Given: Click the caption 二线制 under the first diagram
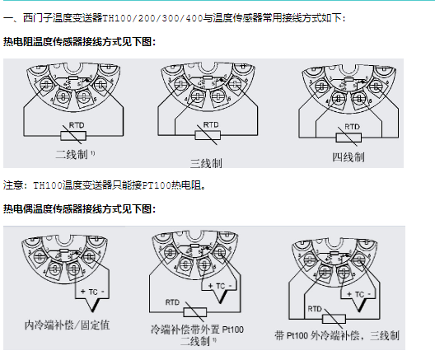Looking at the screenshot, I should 72,153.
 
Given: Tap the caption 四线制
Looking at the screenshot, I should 348,156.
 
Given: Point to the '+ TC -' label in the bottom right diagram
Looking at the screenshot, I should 360,293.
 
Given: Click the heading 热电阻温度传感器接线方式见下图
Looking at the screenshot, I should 79,41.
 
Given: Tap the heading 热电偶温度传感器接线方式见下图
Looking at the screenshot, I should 79,209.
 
